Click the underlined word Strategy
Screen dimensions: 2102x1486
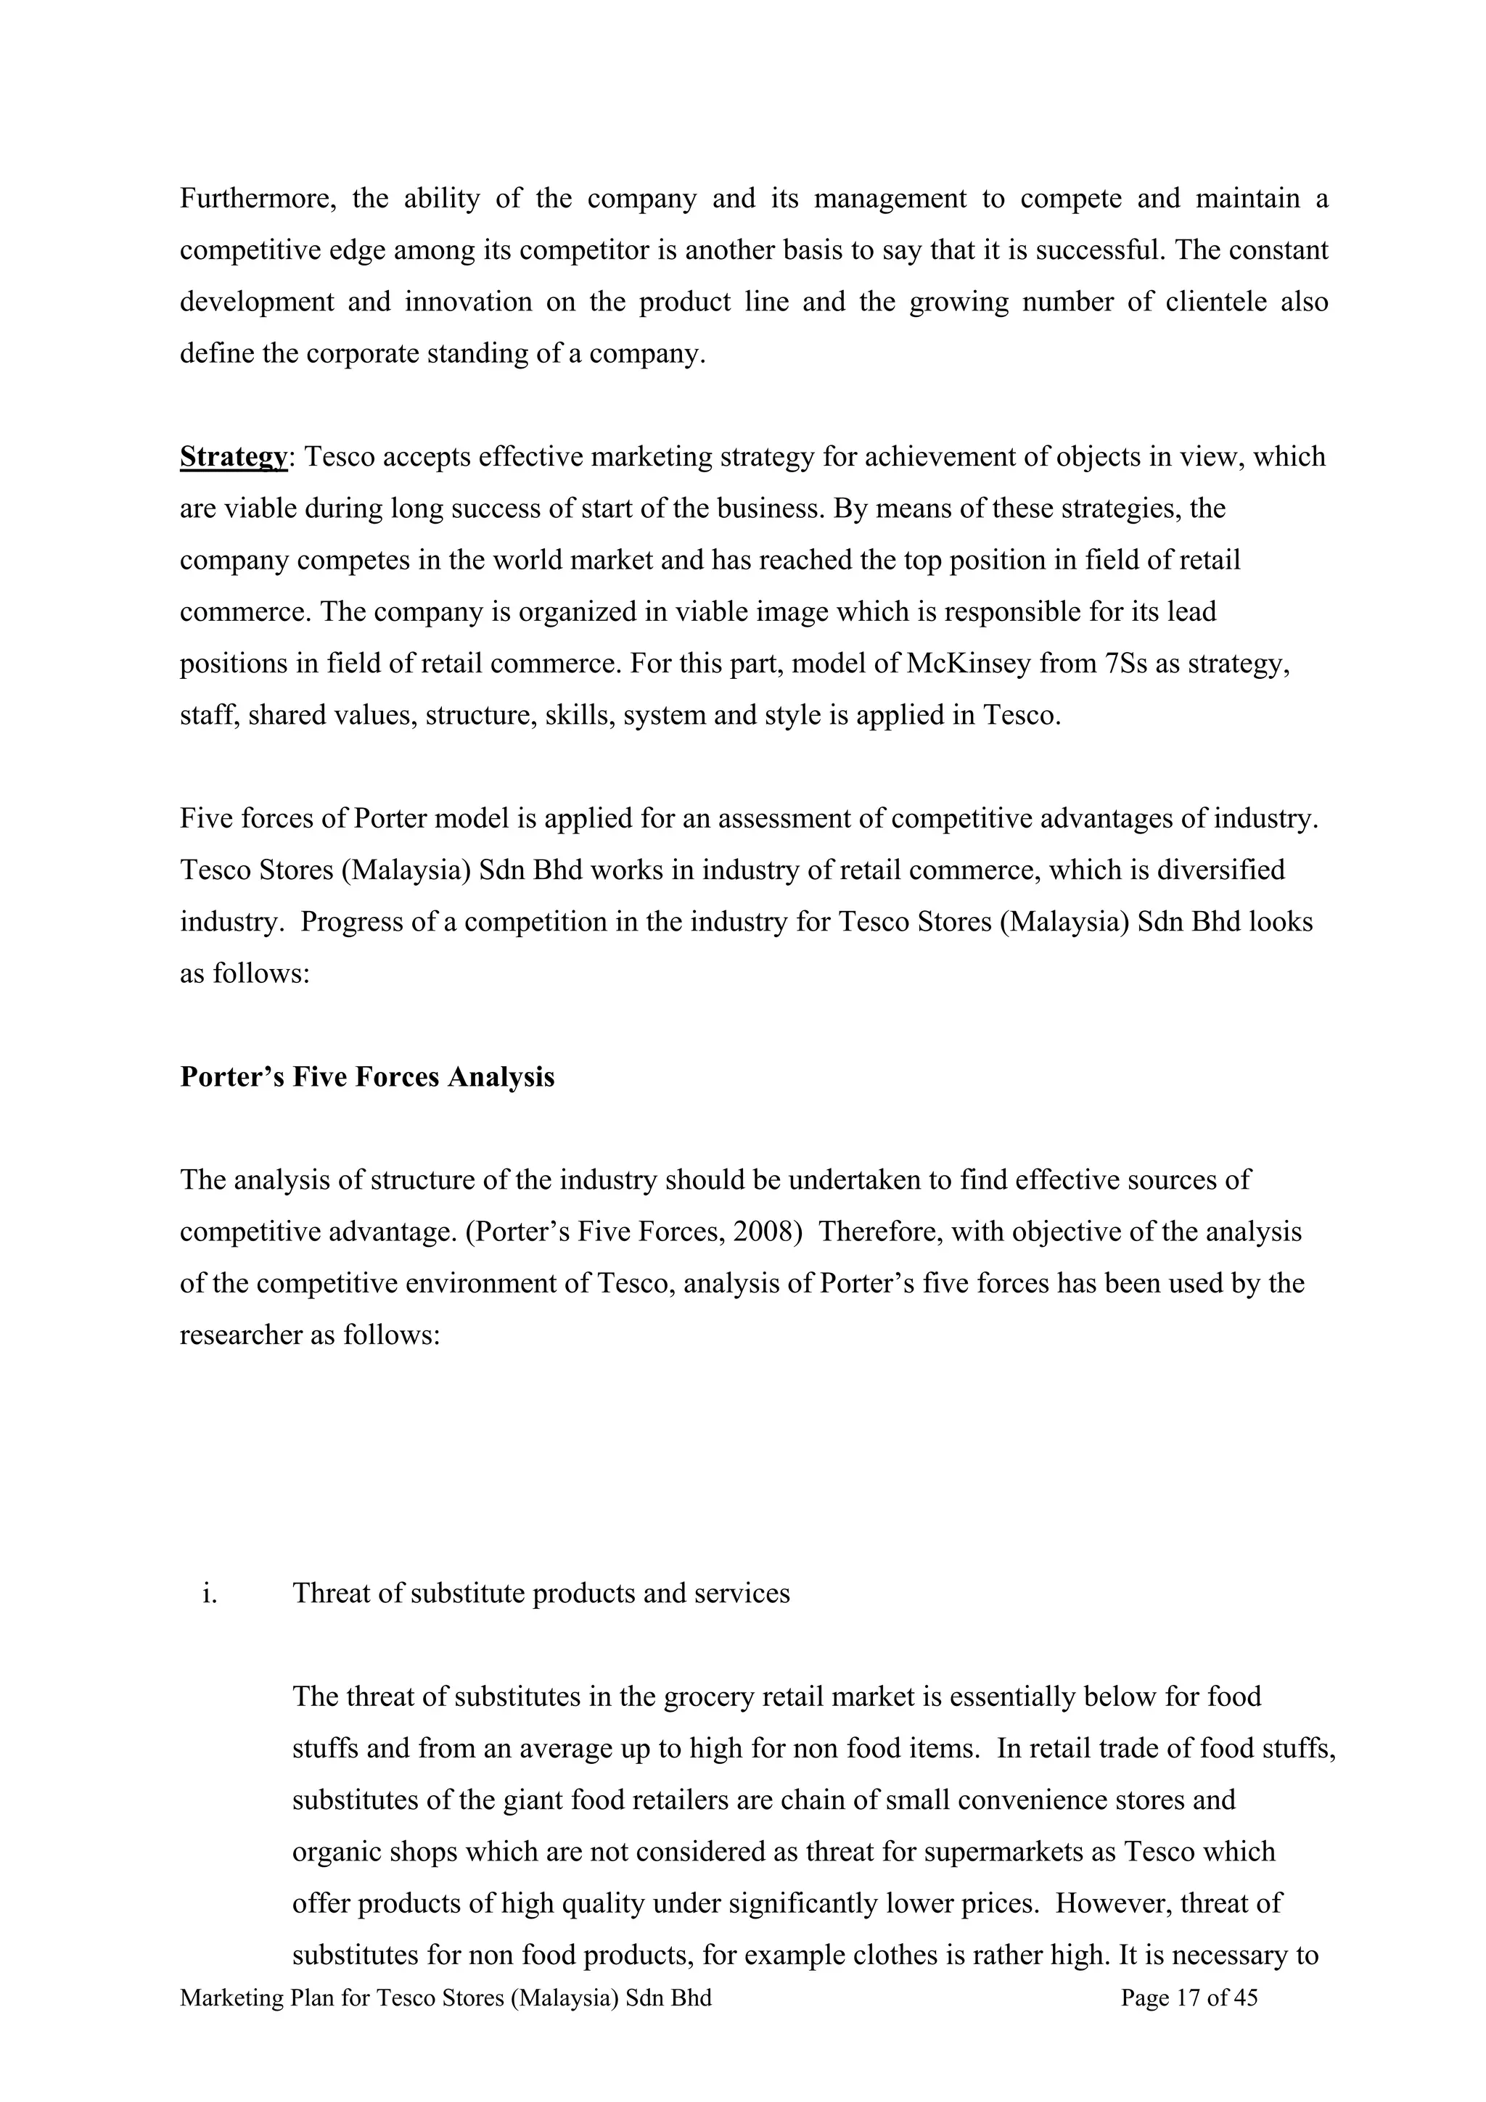[x=234, y=457]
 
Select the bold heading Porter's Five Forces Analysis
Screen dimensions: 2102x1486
[x=367, y=1076]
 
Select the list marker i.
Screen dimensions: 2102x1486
[x=210, y=1594]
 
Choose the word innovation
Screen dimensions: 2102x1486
[x=468, y=302]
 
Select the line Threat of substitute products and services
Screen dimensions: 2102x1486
[x=541, y=1594]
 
